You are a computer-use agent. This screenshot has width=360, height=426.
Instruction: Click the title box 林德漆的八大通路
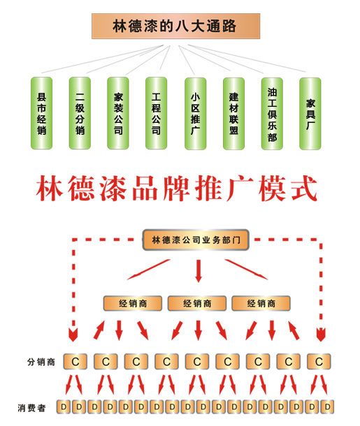click(175, 26)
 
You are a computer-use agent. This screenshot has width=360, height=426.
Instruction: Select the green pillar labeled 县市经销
click(41, 113)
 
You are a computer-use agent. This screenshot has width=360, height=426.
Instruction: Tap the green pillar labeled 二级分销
click(80, 113)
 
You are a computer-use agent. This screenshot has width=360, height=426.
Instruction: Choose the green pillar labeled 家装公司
click(118, 113)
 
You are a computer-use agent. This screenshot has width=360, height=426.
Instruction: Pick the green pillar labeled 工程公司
click(156, 113)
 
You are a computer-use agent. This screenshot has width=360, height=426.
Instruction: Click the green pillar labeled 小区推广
click(195, 114)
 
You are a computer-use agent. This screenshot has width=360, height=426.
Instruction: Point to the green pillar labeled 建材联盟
click(233, 114)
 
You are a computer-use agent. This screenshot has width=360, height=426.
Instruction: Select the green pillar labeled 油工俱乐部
click(272, 114)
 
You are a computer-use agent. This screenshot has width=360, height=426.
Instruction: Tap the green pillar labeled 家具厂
click(310, 114)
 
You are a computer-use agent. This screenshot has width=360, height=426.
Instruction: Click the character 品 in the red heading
click(145, 189)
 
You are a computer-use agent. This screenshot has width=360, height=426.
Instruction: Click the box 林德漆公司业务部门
click(196, 240)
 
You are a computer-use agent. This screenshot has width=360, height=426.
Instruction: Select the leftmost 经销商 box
click(133, 303)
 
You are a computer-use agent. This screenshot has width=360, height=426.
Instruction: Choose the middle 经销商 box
click(197, 303)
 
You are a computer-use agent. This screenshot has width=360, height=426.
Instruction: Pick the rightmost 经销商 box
click(261, 303)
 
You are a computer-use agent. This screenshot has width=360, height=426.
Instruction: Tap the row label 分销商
click(41, 362)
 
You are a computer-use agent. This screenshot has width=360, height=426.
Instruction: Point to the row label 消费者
click(31, 408)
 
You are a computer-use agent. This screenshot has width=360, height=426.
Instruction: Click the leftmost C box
click(75, 362)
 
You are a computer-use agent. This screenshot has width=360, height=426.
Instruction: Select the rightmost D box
click(327, 406)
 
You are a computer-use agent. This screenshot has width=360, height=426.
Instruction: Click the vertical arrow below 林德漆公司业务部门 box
click(199, 271)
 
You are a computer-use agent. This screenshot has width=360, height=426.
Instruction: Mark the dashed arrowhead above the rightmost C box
click(321, 335)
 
